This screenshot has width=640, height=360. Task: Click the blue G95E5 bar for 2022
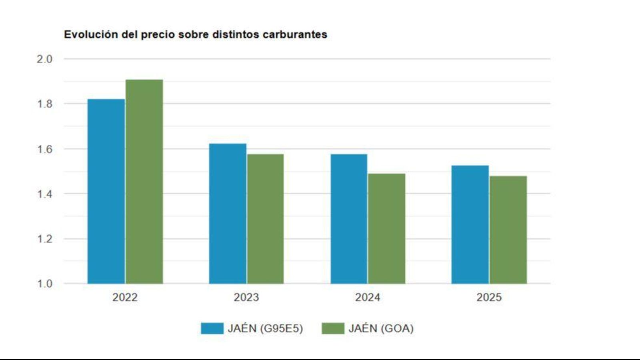tap(106, 191)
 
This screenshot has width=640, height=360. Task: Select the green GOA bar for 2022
tap(144, 182)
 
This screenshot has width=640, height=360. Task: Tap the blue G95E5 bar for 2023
tap(228, 214)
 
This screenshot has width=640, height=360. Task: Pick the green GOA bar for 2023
tap(265, 219)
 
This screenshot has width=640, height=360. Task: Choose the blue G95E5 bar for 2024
tap(349, 219)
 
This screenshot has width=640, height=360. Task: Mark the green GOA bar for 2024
tap(386, 228)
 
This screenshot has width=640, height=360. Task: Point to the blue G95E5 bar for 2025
tap(470, 224)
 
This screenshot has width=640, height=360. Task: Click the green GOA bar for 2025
tap(508, 230)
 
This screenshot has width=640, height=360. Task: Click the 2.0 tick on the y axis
tap(44, 59)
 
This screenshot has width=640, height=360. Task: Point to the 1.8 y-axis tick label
tap(44, 104)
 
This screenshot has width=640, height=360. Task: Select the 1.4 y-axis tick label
tap(44, 194)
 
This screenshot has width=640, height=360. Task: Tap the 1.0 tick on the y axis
tap(44, 284)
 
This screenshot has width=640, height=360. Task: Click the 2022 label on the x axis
tap(125, 297)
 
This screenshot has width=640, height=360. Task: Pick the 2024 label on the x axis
tap(367, 297)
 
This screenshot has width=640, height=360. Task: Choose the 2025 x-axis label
tap(489, 297)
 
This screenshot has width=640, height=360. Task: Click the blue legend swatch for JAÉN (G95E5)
tap(212, 328)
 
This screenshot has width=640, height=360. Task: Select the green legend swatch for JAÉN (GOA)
tap(333, 328)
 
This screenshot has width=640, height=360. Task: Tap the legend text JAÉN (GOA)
tap(381, 328)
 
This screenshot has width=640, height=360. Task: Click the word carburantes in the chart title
tap(295, 34)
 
